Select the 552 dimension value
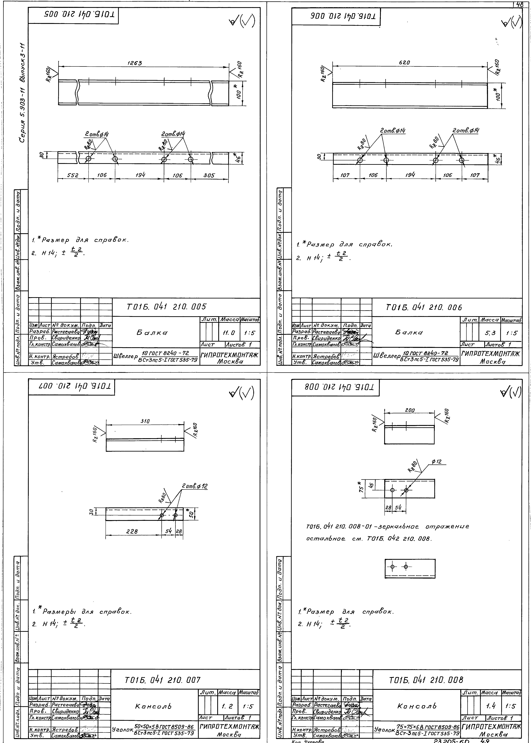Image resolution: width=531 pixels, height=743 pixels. pos(73,175)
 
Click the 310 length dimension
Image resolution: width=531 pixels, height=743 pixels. pos(145,421)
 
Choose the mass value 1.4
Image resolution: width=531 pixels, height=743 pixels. pos(491,706)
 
